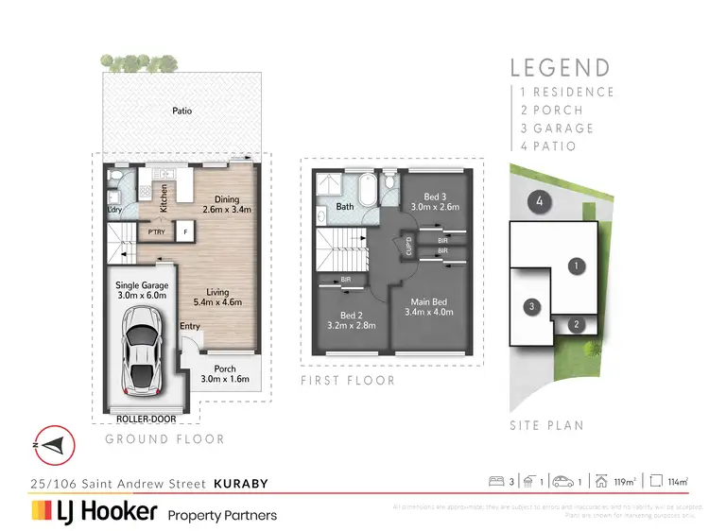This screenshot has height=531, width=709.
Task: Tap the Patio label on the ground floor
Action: [182, 111]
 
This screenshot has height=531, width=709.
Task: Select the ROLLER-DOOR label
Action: [140, 417]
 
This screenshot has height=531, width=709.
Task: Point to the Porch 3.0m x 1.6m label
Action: [225, 374]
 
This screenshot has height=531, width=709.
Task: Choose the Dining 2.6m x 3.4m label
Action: [227, 204]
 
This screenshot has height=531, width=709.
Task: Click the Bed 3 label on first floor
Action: [435, 200]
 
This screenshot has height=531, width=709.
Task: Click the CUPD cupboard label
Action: [408, 247]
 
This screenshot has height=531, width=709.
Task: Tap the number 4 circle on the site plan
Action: [538, 200]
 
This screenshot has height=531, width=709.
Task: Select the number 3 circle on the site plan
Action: [532, 306]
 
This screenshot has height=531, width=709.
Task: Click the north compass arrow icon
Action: [52, 446]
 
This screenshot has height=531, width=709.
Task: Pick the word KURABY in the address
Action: [240, 484]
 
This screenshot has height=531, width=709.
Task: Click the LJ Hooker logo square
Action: [43, 512]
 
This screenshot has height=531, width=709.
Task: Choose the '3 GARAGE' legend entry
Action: [557, 128]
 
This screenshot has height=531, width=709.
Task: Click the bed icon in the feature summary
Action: [496, 483]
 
